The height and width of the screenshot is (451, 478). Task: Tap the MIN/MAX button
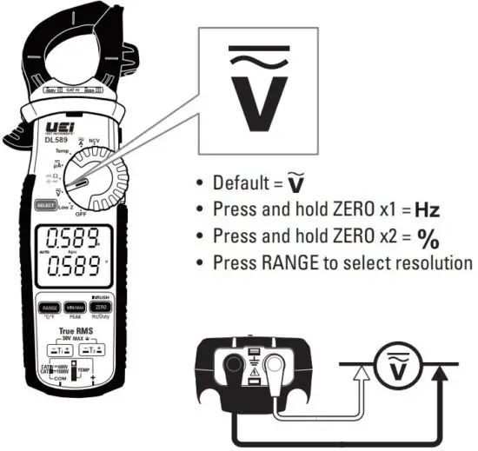point(73,308)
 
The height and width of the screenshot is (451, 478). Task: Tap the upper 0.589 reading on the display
point(72,237)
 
